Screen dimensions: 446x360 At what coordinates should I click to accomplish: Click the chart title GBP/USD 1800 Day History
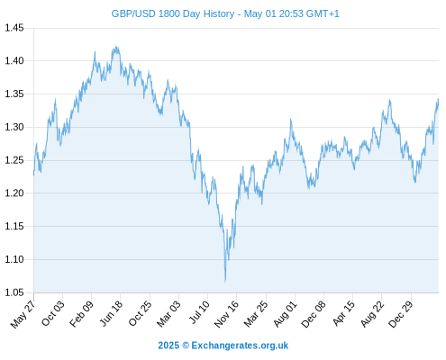173,13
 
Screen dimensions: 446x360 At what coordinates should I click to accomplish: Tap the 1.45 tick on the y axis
14,28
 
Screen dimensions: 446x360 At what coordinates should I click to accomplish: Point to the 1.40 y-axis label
14,61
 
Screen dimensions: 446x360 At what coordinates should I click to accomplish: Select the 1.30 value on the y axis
14,127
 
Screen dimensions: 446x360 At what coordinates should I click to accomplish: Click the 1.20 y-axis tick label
14,193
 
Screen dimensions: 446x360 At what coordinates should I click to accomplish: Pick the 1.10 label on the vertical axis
14,259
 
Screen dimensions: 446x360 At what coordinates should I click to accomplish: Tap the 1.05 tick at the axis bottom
14,292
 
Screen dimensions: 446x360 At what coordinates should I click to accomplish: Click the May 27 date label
23,314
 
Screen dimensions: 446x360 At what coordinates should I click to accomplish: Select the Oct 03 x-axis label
53,313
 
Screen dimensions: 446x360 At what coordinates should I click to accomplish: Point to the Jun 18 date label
111,313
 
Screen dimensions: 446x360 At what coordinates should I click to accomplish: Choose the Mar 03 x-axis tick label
168,313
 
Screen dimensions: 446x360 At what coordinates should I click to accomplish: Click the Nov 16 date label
226,314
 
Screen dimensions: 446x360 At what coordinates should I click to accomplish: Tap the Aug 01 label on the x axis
285,313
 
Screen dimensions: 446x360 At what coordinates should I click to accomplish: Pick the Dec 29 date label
401,314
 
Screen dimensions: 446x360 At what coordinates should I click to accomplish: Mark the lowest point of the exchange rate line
225,282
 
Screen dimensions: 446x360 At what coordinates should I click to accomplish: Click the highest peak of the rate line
116,47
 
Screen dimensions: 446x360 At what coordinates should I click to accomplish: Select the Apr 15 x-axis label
343,313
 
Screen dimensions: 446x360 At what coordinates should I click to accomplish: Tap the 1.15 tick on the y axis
14,226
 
